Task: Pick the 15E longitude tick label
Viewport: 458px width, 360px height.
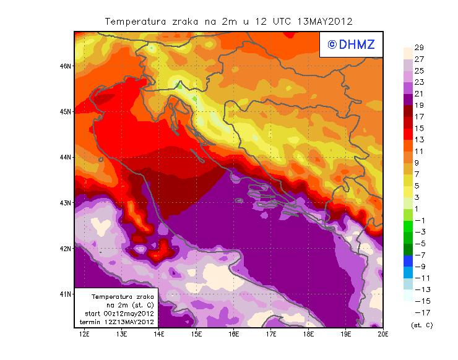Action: (x=196, y=335)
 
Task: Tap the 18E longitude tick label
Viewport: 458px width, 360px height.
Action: (x=308, y=335)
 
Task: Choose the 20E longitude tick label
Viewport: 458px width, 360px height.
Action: (x=383, y=335)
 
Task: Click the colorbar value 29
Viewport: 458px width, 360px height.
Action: (x=419, y=48)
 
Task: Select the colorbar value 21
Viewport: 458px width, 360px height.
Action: (x=419, y=94)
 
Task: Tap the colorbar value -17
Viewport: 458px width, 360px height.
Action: (x=419, y=312)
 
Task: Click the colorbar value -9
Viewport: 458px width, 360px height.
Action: (x=419, y=267)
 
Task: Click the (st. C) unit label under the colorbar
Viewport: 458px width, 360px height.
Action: (x=421, y=325)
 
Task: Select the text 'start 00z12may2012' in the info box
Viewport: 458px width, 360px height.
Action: (x=119, y=314)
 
